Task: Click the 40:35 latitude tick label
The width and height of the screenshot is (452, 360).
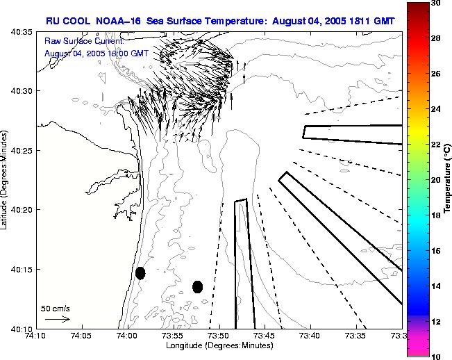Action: pos(24,32)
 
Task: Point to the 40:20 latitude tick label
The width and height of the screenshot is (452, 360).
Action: pos(24,210)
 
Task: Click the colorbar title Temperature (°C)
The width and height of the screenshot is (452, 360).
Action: pos(447,179)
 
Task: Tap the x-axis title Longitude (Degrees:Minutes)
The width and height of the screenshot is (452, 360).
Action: pos(219,345)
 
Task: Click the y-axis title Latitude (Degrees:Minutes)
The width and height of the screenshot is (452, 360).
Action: pos(6,179)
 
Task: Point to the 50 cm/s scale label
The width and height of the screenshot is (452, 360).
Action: pos(56,308)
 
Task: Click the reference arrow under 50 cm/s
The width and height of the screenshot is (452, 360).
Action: pos(57,319)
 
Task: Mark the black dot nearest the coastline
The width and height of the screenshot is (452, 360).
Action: pos(140,273)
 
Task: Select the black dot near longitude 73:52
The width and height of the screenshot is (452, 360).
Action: pos(198,286)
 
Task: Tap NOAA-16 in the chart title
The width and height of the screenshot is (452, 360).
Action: pos(117,21)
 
